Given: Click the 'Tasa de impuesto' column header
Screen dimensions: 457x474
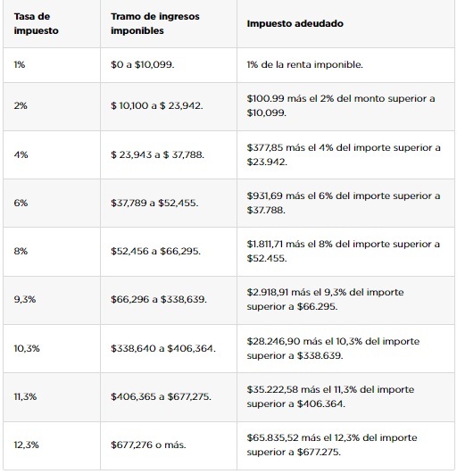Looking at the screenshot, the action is tap(37, 23).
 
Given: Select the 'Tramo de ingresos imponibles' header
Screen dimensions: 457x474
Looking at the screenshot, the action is tap(155, 23).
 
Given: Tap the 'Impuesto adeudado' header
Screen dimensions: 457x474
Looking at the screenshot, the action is tap(295, 23).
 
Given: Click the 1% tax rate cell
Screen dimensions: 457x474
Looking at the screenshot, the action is tap(20, 64).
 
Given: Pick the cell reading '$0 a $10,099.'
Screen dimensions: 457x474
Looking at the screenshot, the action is tap(143, 64).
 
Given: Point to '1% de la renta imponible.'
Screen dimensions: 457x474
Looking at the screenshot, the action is tap(304, 64).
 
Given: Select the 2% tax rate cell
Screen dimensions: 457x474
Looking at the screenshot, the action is tap(21, 106).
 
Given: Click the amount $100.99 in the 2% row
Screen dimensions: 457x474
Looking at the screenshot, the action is tap(265, 98).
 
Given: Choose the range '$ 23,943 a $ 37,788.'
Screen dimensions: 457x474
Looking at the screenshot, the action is tap(157, 154).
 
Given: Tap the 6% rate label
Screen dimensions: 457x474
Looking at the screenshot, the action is tap(21, 203).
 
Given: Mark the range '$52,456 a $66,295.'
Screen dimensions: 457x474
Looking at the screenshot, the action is tap(155, 251).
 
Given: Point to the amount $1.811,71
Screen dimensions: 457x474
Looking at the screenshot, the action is tap(265, 244).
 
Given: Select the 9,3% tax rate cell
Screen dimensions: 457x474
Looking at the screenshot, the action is tap(25, 300).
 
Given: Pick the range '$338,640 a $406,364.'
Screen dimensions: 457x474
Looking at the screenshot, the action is tap(163, 348).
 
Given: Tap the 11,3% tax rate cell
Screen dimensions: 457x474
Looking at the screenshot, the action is tap(25, 396).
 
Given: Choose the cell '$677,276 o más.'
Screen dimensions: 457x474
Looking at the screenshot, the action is tap(148, 445).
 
